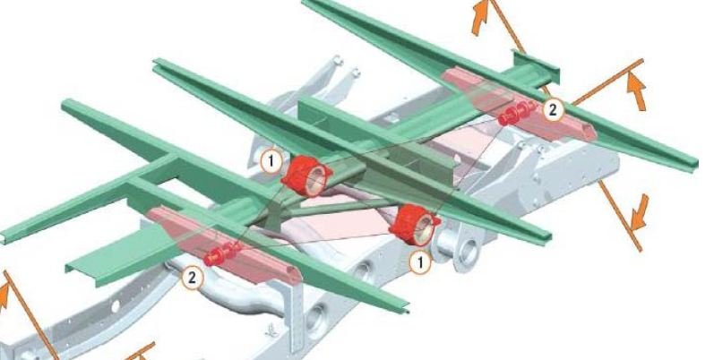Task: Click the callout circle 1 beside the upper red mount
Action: point(271,161)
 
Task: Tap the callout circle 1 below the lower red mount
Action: point(420,262)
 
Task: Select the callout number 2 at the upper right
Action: point(553,110)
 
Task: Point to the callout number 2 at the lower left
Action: point(192,278)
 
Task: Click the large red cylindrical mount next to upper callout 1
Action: point(307,176)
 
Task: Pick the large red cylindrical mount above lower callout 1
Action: point(415,225)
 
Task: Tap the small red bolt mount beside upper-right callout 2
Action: point(518,113)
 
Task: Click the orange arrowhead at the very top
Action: point(480,17)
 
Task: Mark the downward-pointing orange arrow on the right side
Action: point(640,212)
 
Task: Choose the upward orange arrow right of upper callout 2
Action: point(636,91)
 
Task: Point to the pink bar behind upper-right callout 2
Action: point(519,104)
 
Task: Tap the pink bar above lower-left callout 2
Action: point(224,245)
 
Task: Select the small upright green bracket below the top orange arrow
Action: point(536,66)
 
